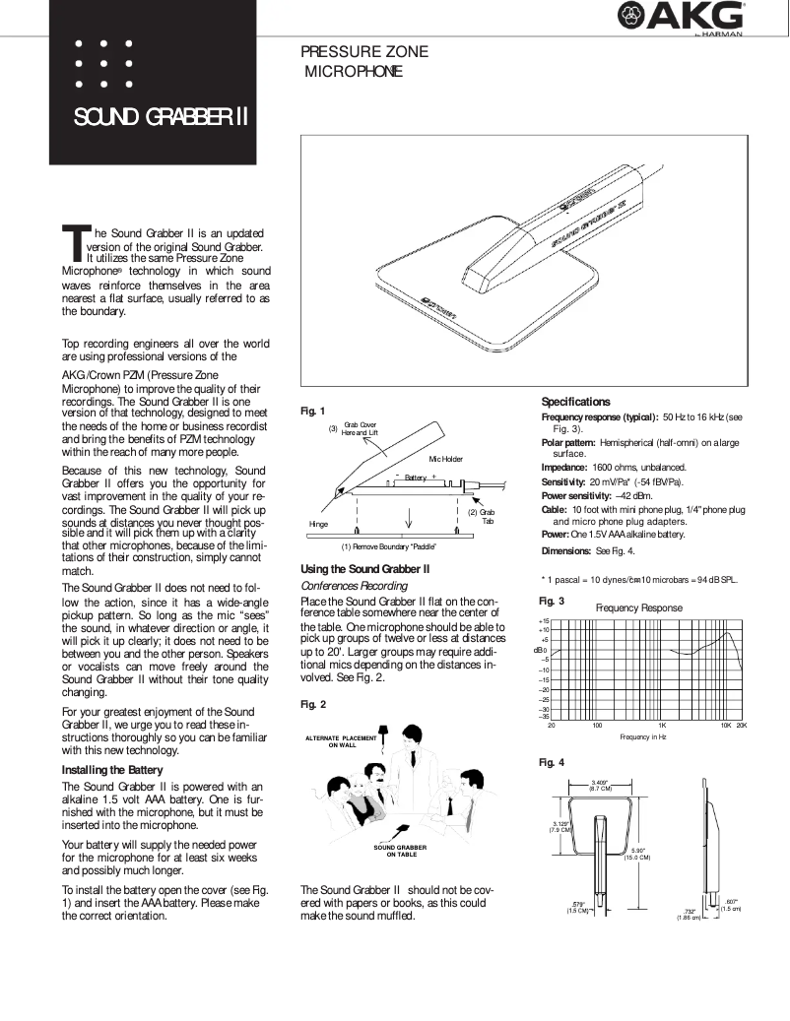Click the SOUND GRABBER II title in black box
click(x=160, y=119)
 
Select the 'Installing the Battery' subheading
click(x=112, y=769)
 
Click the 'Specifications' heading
click(x=576, y=402)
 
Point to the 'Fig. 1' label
click(x=312, y=411)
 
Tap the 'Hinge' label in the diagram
click(x=318, y=524)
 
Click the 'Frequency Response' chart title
click(x=638, y=608)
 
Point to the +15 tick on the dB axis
click(x=543, y=622)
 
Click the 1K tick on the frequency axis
click(x=663, y=725)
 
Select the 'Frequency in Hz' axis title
click(x=642, y=736)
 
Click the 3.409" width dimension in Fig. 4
click(x=600, y=785)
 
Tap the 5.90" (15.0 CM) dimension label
click(x=637, y=853)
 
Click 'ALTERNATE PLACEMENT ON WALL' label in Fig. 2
click(x=342, y=740)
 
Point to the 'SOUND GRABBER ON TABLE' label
click(x=400, y=851)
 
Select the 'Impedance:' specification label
click(x=564, y=467)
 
